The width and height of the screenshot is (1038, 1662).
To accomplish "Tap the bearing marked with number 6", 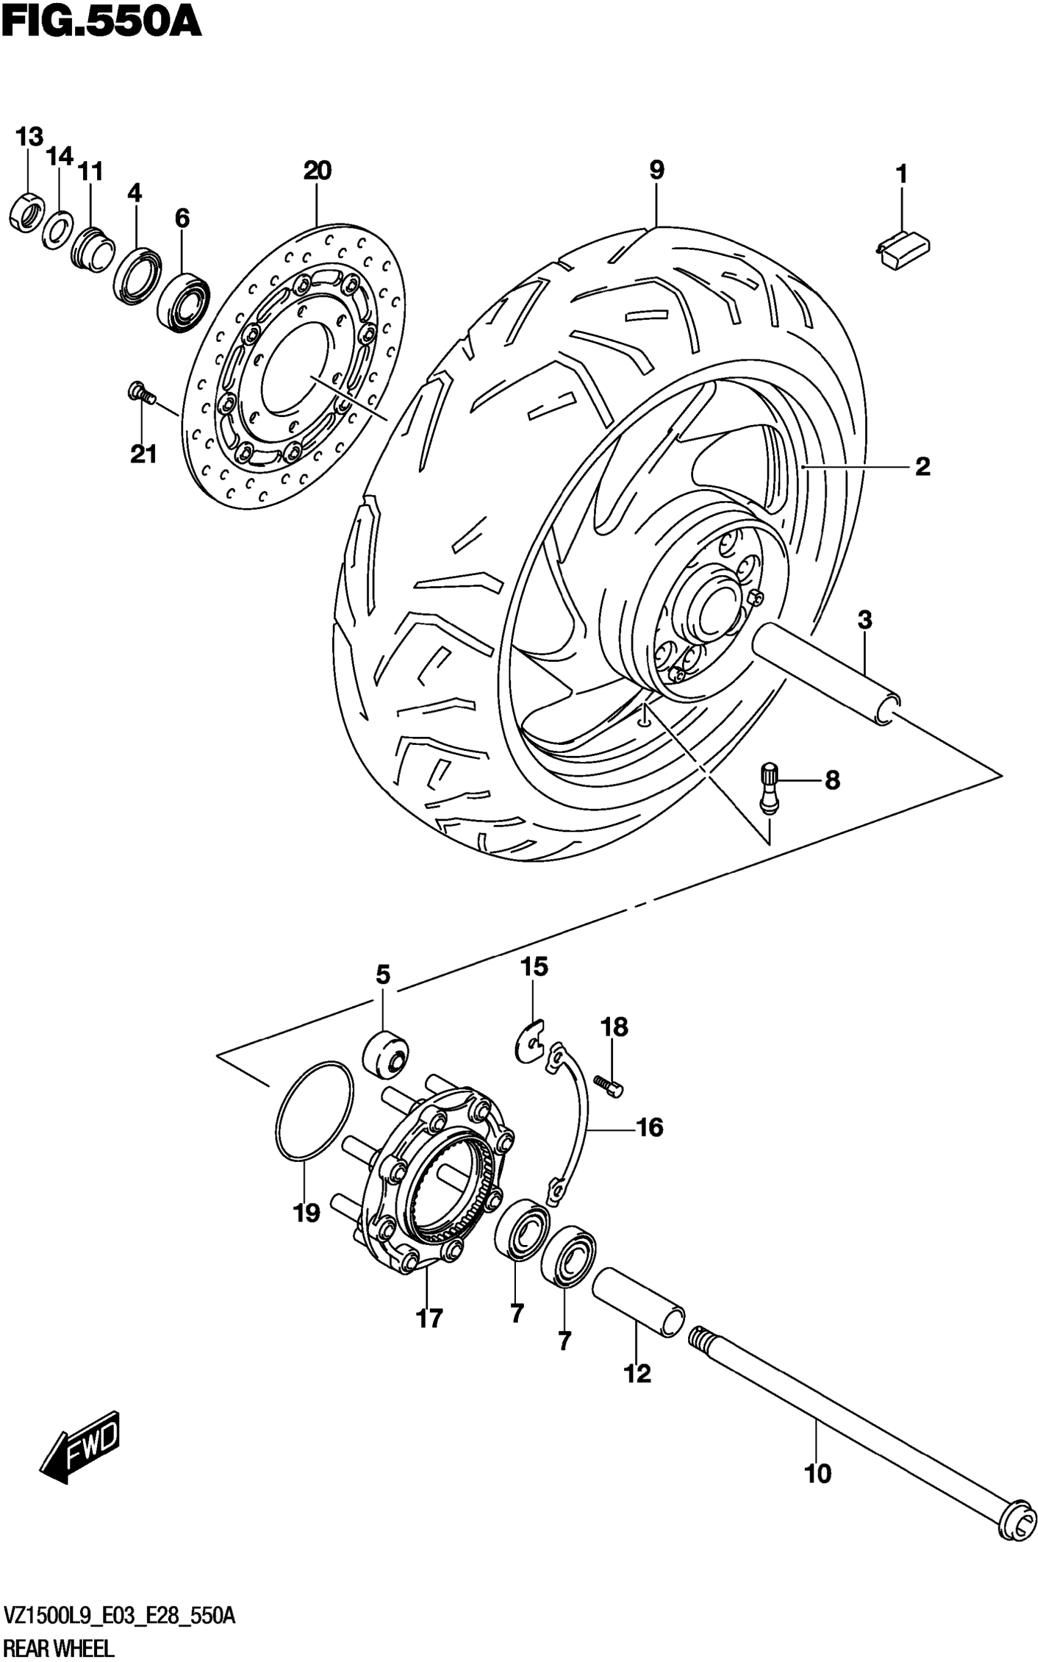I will click(184, 303).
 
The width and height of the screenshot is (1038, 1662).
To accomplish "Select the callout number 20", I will click(317, 170).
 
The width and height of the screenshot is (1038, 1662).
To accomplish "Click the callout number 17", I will click(430, 1318).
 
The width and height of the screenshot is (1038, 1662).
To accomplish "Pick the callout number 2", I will click(923, 468).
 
